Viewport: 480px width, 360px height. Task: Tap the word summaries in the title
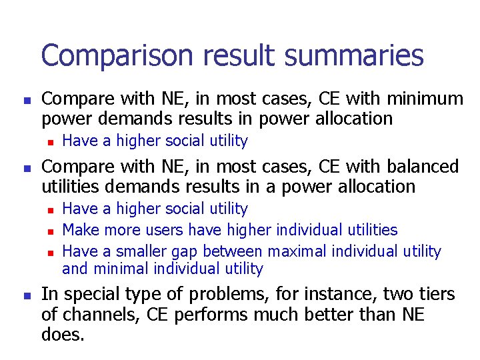point(356,56)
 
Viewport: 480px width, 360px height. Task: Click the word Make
point(79,230)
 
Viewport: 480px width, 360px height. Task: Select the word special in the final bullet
point(96,295)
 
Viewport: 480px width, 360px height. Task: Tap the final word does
point(63,335)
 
